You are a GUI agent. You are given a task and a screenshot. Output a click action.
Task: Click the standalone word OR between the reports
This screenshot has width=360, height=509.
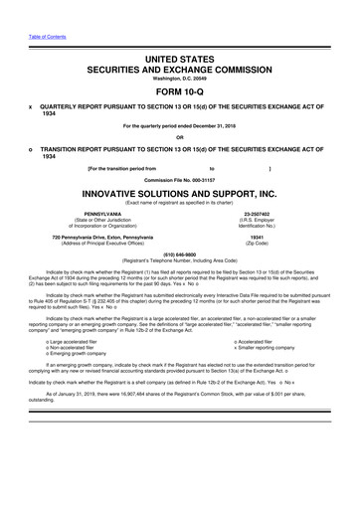[x=180, y=137]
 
